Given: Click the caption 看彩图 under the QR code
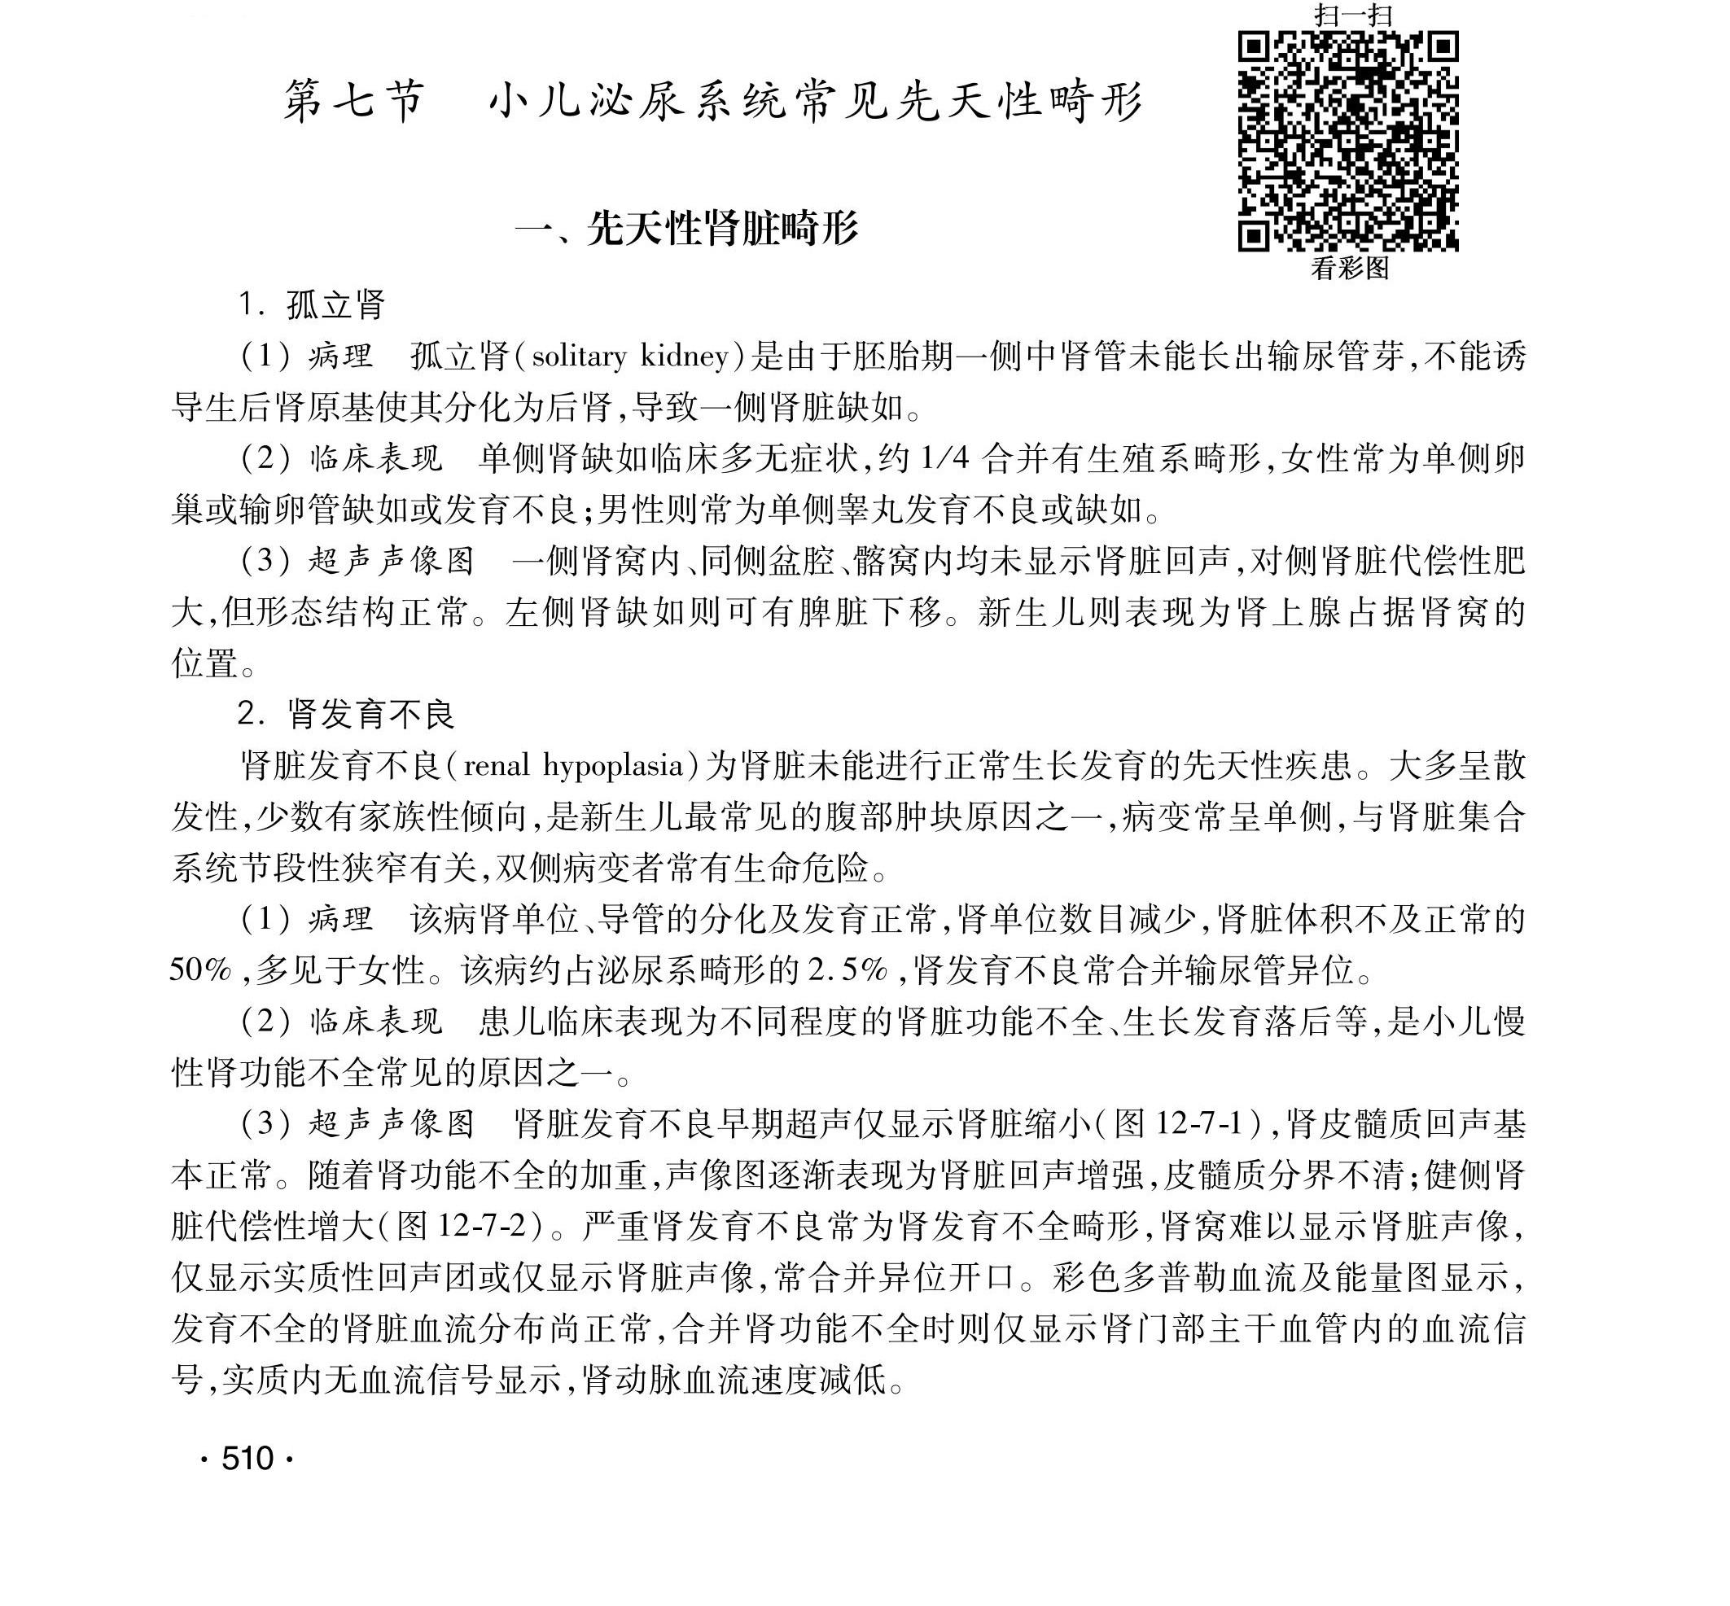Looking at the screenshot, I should [1349, 269].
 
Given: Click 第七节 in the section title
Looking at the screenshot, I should [353, 103].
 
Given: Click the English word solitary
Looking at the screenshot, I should [579, 357].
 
